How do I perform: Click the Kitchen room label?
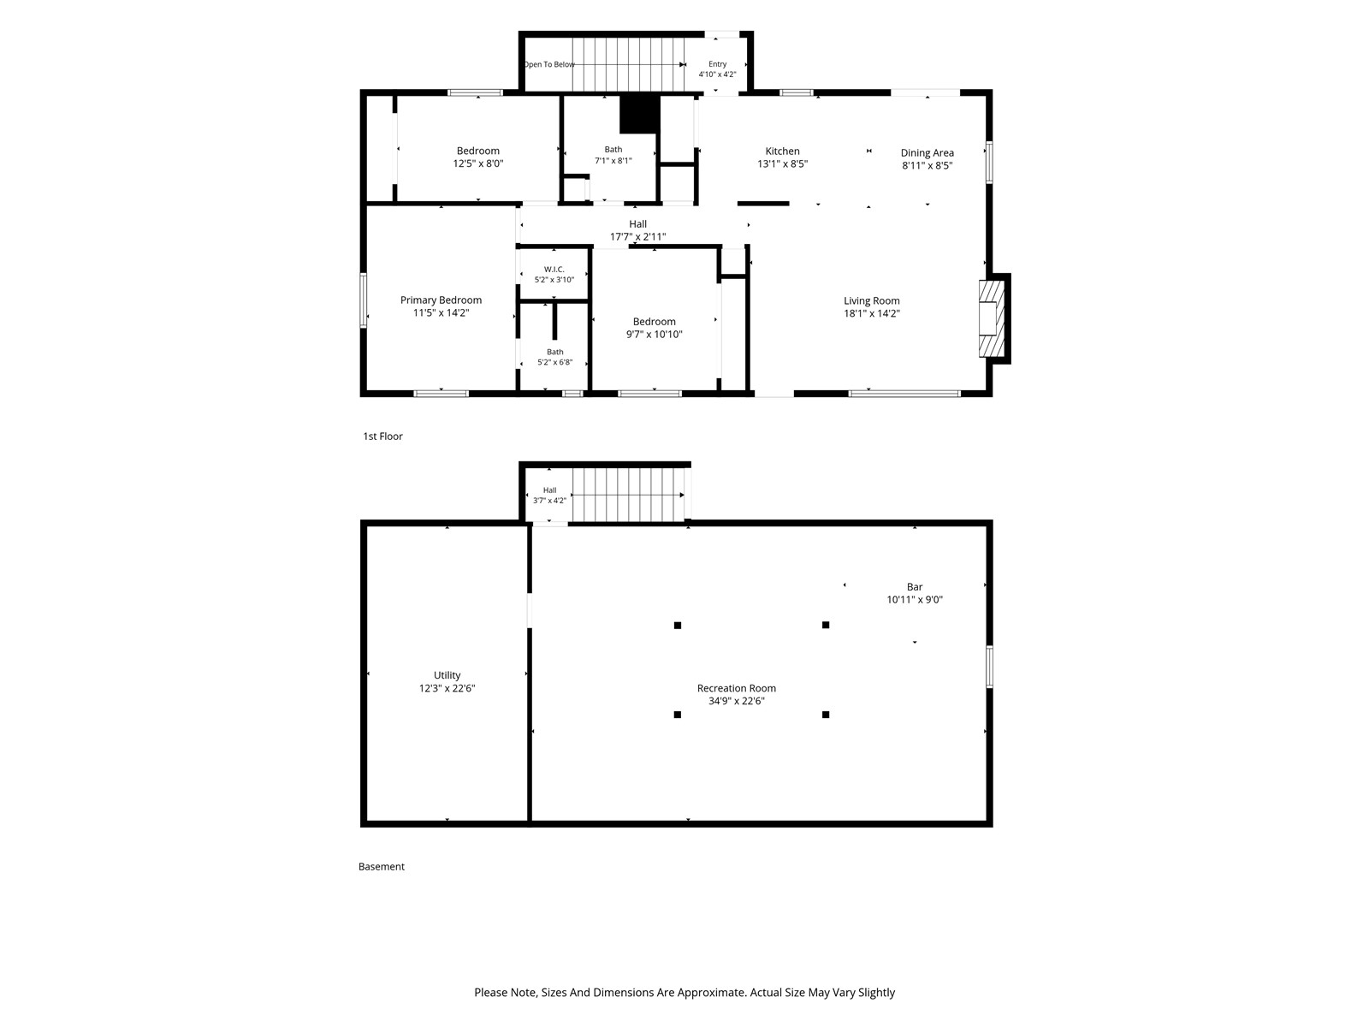tap(782, 151)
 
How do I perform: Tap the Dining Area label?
tap(927, 153)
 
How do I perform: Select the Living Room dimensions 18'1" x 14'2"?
tap(871, 313)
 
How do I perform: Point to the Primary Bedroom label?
tap(441, 300)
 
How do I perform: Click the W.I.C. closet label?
tap(554, 270)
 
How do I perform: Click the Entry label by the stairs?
tap(717, 63)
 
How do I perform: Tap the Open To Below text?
tap(548, 64)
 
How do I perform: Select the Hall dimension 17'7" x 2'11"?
tap(637, 237)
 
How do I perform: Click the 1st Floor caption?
tap(383, 436)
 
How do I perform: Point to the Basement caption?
tap(381, 867)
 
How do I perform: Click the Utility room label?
tap(447, 675)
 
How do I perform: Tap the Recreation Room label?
tap(736, 688)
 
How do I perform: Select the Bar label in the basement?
tap(915, 587)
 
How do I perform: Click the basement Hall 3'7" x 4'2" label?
tap(549, 496)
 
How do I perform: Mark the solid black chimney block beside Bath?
tap(639, 114)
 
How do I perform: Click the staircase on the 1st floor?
tap(628, 63)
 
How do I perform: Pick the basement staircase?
tap(628, 495)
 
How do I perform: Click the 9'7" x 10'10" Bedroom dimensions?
tap(655, 335)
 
